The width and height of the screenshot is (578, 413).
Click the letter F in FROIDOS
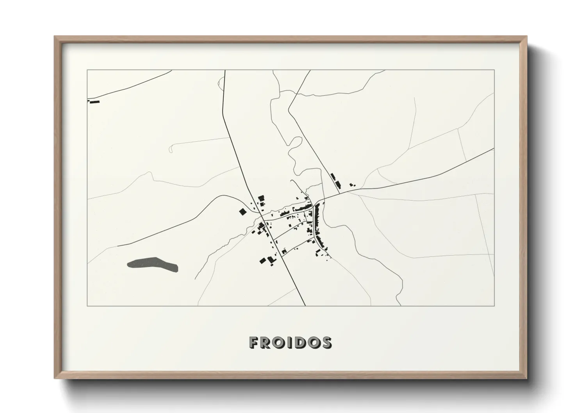pos(254,342)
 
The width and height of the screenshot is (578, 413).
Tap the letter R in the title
pos(267,342)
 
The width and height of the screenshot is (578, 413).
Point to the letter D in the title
pos(301,342)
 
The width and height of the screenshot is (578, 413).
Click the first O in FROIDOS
pos(280,342)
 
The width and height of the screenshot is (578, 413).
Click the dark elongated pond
pos(153,264)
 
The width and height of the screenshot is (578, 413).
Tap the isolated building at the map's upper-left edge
pos(95,101)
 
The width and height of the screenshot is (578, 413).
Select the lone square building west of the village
pos(243,212)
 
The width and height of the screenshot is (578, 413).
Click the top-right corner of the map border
pos(494,70)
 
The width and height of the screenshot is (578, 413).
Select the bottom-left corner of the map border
pos(87,306)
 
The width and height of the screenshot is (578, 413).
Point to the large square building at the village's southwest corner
pos(263,261)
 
